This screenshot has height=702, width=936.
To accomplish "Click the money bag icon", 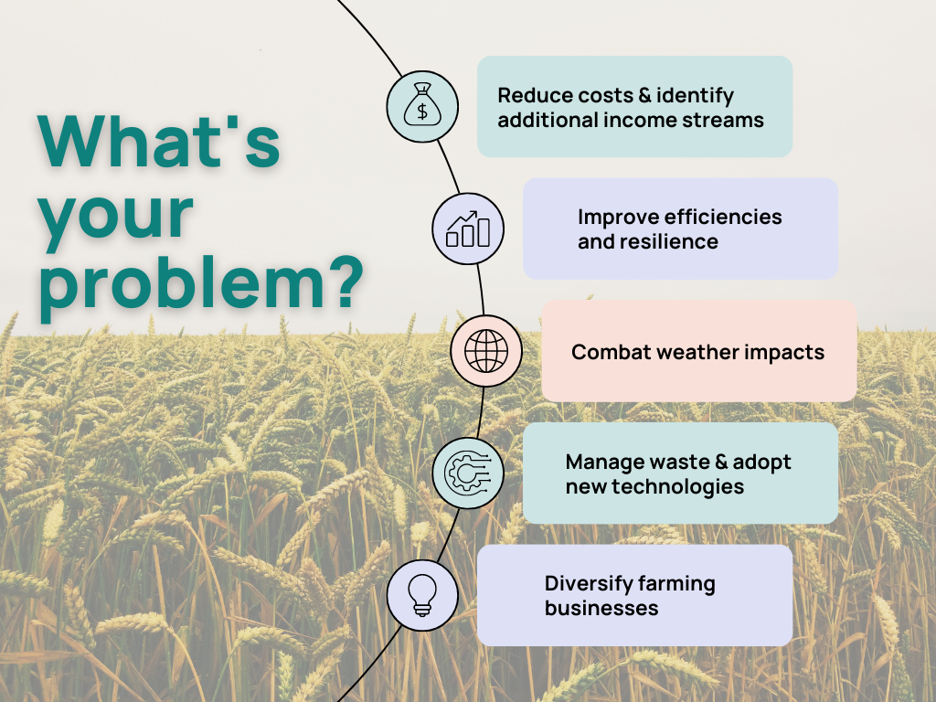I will click(x=421, y=107).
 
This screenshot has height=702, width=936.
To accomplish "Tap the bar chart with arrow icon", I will click(x=467, y=229).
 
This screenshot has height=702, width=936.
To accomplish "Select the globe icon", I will click(x=485, y=350).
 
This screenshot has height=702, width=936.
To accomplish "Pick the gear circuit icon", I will click(x=467, y=473).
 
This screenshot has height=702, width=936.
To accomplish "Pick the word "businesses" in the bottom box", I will click(x=601, y=608).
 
